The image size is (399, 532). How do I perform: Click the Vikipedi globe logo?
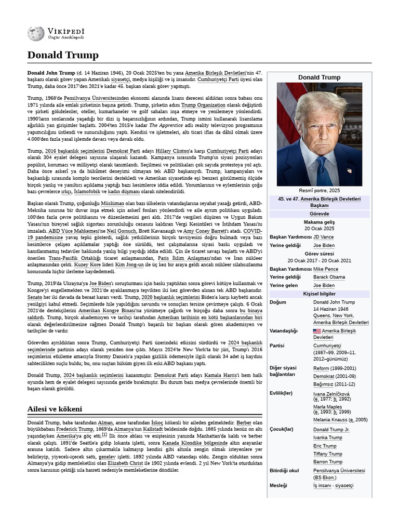[x=36, y=34]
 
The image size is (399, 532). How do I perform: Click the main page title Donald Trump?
[x=62, y=55]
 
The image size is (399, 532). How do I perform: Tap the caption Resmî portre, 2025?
[x=320, y=191]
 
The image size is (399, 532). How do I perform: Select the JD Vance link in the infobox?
[x=324, y=237]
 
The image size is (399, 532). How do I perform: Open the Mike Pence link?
[x=326, y=269]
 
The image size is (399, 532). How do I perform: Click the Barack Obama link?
[x=329, y=277]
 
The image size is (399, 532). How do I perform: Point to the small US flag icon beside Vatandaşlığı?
[x=316, y=331]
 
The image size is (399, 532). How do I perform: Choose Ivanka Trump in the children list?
[x=327, y=438]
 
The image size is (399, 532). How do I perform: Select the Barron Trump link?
[x=327, y=462]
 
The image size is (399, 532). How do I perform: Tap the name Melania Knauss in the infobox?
[x=330, y=419]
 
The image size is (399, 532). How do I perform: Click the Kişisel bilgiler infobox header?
[x=320, y=294]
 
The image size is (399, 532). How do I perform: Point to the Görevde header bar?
[x=320, y=214]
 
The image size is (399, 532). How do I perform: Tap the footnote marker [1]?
[x=104, y=434]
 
